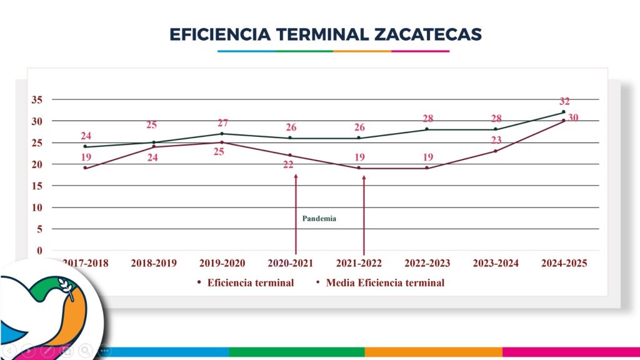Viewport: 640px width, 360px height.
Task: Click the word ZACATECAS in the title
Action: (x=428, y=34)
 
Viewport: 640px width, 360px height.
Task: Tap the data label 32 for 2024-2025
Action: (x=564, y=101)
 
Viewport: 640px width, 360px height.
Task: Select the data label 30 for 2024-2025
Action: (x=573, y=117)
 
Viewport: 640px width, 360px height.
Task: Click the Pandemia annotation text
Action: (x=319, y=219)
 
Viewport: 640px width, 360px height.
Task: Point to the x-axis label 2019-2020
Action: (x=222, y=263)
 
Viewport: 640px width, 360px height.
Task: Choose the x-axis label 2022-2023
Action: (x=428, y=263)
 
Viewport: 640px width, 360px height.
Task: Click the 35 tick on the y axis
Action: (x=36, y=99)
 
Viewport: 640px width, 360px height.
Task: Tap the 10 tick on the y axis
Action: (x=36, y=207)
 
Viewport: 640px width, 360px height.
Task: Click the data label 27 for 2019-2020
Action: (x=223, y=123)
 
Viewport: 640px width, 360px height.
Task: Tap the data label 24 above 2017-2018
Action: (x=86, y=136)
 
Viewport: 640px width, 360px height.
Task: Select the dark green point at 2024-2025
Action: (x=564, y=112)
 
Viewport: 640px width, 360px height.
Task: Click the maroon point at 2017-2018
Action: (x=86, y=168)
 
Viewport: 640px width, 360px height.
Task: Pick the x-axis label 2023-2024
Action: (x=496, y=263)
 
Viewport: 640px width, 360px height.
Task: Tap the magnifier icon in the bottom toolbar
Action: (x=85, y=351)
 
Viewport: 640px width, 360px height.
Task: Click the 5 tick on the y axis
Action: (x=39, y=229)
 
